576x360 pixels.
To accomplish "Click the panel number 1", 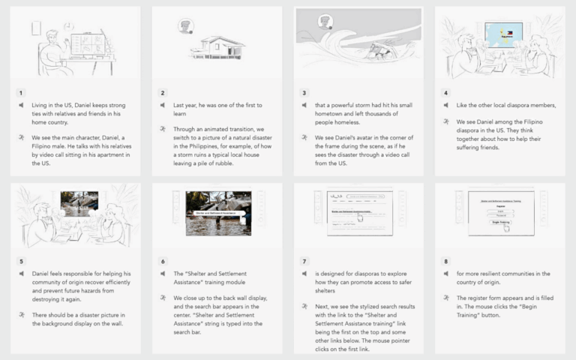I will (21, 93).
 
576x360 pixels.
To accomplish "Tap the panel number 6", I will (162, 262).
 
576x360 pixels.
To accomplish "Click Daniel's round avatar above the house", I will (185, 27).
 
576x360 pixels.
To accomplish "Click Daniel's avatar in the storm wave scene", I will (325, 22).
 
